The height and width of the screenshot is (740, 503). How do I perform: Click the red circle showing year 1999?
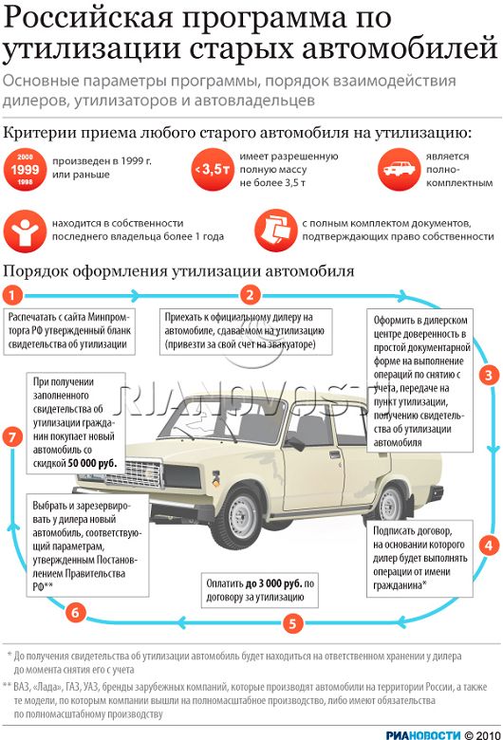click(x=25, y=170)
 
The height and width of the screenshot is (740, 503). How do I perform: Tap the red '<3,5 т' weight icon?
click(x=213, y=170)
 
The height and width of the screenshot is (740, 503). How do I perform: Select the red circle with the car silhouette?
click(x=400, y=170)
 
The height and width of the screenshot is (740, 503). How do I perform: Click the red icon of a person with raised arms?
click(x=25, y=231)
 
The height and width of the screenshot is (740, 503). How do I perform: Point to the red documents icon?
click(x=276, y=231)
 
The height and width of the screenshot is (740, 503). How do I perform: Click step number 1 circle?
click(x=12, y=296)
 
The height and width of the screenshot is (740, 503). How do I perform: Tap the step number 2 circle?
click(x=250, y=295)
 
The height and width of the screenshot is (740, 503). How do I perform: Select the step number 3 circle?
click(x=489, y=376)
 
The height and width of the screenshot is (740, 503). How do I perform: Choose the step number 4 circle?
click(x=489, y=546)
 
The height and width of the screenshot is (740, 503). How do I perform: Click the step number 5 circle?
click(x=293, y=623)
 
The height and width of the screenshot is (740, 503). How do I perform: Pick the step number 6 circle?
click(x=75, y=613)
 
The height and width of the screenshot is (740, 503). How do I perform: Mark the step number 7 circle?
click(x=12, y=437)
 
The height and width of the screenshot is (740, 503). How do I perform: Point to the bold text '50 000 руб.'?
click(x=92, y=463)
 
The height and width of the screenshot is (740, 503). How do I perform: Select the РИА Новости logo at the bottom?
click(x=422, y=734)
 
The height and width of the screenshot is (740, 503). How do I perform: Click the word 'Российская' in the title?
click(x=89, y=19)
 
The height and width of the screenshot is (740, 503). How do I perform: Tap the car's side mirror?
click(x=295, y=444)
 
